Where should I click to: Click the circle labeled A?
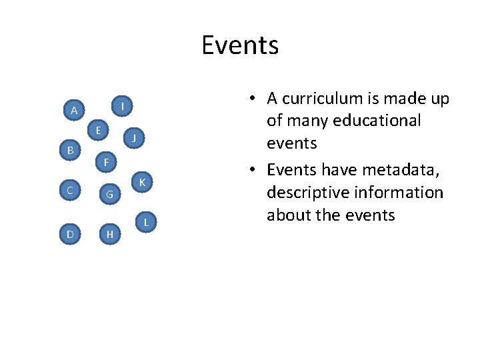[73, 110]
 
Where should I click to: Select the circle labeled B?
[70, 151]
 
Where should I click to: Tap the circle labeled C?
[70, 191]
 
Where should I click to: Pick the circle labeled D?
[70, 234]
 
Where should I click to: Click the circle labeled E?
[98, 131]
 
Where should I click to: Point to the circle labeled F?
[106, 162]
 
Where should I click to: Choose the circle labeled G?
[110, 195]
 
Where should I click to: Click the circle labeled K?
[143, 182]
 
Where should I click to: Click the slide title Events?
[240, 45]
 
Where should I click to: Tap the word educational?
[382, 121]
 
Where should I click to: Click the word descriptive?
[309, 193]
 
